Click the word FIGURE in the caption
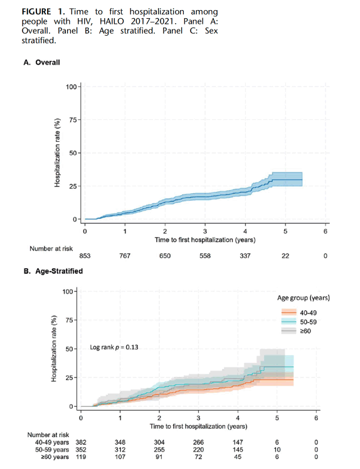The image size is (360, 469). [x=36, y=12]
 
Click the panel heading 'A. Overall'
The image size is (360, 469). [x=41, y=62]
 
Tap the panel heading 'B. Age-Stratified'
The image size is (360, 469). [x=53, y=271]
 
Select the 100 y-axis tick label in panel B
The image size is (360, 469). [x=67, y=292]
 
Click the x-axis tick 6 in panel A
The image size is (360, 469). [x=326, y=231]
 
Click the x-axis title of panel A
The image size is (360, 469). [x=205, y=240]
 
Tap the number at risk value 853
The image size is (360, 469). [x=85, y=256]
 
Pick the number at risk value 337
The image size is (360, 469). [x=245, y=256]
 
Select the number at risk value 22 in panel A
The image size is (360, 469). [x=285, y=256]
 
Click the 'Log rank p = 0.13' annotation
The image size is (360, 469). [x=114, y=347]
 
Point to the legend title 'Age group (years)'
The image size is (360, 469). [x=304, y=298]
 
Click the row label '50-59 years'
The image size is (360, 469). [x=52, y=450]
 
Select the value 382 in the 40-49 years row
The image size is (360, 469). [x=81, y=443]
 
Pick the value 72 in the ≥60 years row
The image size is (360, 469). [x=198, y=456]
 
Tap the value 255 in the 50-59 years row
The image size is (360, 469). [x=159, y=450]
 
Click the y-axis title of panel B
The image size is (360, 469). [x=54, y=348]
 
